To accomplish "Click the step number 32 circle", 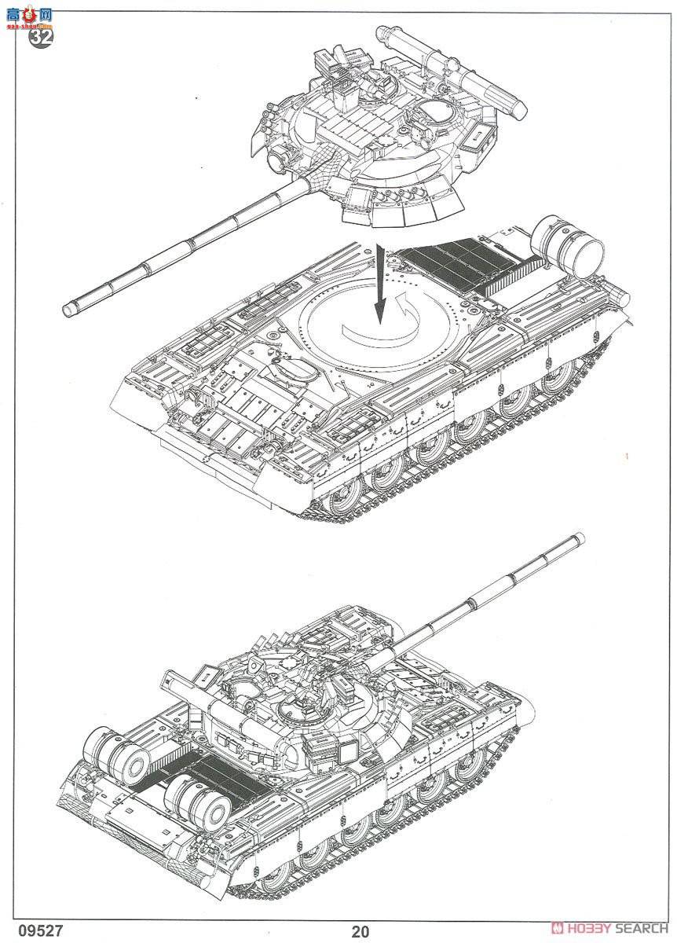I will point(42,37).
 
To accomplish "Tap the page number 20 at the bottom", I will point(360,932).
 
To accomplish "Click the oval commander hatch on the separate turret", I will point(437,115).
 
